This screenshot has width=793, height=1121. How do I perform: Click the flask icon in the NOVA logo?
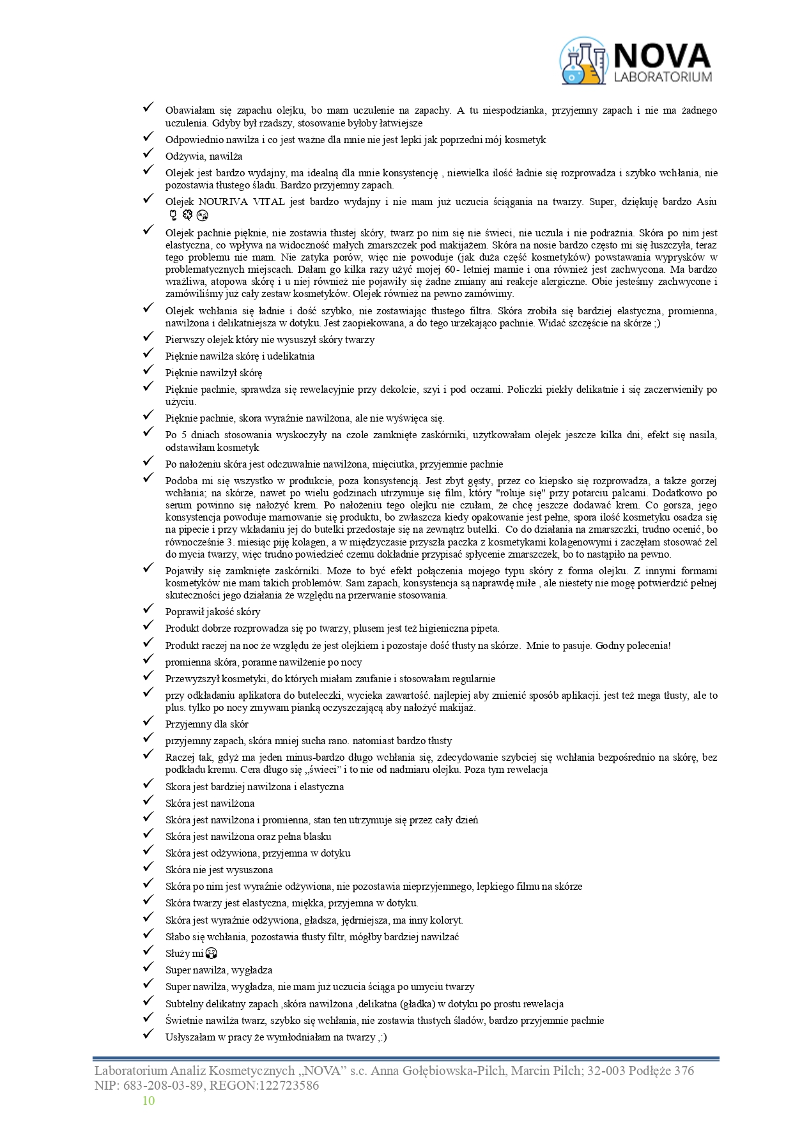[583, 61]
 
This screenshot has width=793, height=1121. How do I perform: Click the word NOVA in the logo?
[661, 56]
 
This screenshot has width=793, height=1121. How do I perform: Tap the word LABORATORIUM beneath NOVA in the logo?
[662, 77]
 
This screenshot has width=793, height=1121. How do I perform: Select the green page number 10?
[148, 1100]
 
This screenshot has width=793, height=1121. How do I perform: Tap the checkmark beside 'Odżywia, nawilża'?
[148, 154]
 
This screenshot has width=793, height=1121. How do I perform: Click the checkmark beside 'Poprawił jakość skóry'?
[148, 609]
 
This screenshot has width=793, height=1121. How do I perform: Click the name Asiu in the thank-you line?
[706, 202]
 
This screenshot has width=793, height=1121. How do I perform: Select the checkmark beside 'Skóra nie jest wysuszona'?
[148, 867]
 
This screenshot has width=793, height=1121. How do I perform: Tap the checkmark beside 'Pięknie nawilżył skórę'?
[148, 370]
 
